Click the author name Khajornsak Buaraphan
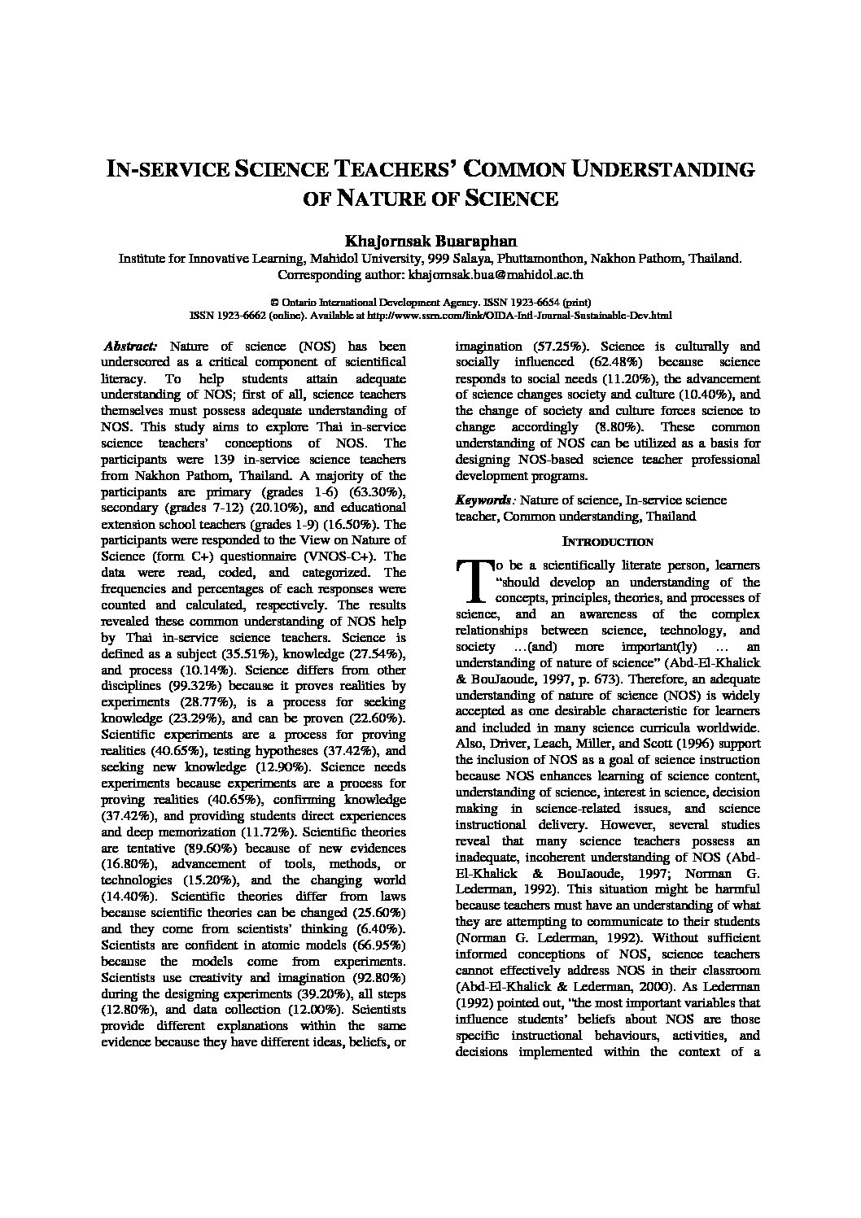[x=430, y=242]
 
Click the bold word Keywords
[x=484, y=500]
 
